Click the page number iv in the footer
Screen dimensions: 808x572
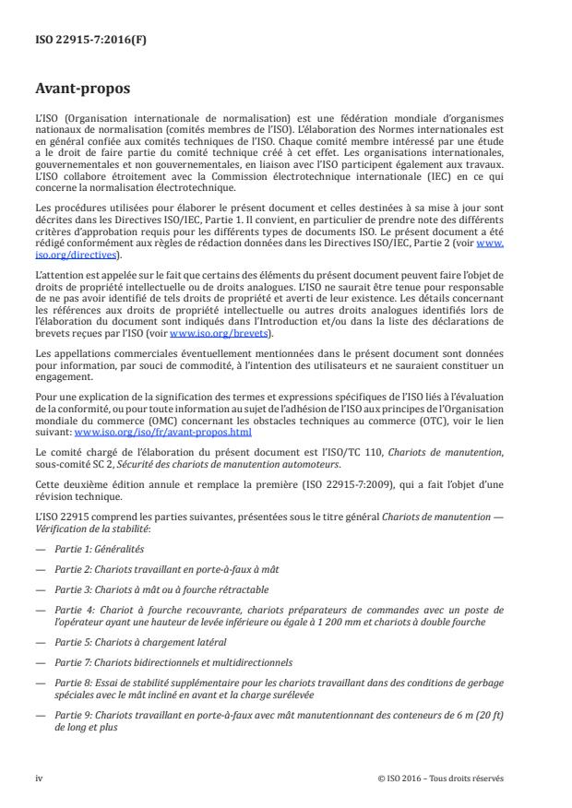click(x=39, y=778)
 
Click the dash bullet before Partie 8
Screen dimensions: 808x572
click(x=39, y=683)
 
